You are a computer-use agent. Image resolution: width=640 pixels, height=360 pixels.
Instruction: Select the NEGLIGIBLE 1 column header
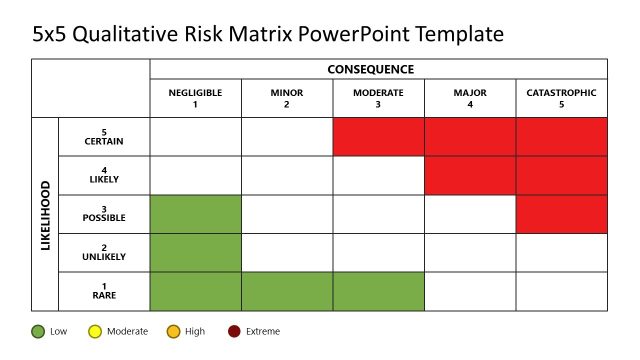coord(195,98)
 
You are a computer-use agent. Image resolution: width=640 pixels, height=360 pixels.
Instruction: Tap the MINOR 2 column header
coord(287,98)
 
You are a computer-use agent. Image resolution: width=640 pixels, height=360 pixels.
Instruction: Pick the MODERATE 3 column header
coord(379,98)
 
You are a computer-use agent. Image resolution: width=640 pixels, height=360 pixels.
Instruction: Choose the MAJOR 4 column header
coord(470,98)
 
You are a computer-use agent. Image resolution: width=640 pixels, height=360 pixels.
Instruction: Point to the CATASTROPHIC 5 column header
coord(561,98)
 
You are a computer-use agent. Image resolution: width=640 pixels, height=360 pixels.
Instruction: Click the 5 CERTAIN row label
coord(104,137)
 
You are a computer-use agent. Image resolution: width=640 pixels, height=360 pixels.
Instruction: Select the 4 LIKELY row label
coord(104,175)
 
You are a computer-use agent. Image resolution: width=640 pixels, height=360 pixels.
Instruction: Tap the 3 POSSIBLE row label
coord(104,214)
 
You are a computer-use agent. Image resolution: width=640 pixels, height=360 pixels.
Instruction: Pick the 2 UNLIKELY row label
coord(104,252)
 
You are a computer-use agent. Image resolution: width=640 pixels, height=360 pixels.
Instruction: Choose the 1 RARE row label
coord(104,291)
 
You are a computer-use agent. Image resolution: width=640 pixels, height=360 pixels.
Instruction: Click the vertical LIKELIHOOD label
coord(45,214)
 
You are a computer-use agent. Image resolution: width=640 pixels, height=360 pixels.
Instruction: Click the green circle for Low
coord(38,331)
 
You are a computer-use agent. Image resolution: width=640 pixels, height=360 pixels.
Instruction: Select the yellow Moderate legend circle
coord(95,331)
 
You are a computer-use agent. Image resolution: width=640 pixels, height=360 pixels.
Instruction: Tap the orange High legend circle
coord(173,331)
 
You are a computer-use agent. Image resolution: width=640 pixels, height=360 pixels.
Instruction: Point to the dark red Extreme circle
coord(234,331)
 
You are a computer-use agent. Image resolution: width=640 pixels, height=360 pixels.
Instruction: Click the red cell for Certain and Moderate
coord(379,137)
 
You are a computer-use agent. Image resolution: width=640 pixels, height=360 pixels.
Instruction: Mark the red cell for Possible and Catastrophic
coord(561,214)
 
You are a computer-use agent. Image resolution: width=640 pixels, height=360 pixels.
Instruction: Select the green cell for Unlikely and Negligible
coord(195,252)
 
